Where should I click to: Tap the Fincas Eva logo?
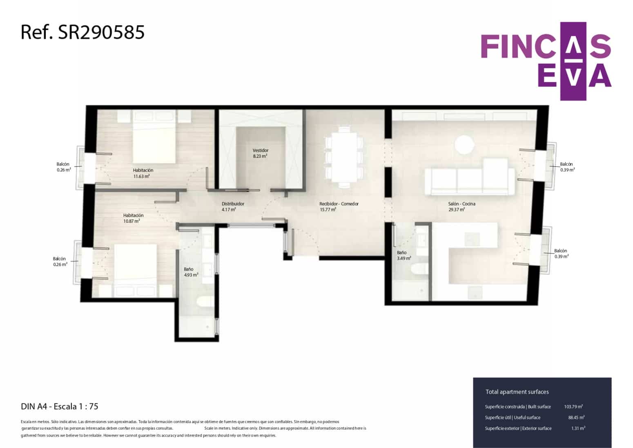(x=546, y=61)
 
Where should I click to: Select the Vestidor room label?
(x=260, y=150)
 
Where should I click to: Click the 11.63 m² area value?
(x=141, y=177)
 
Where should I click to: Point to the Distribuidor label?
(x=233, y=204)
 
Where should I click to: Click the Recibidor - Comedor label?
(x=339, y=204)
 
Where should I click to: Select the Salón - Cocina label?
(x=461, y=204)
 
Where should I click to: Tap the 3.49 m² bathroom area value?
(x=404, y=258)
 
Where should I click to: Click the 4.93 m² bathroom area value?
(x=191, y=275)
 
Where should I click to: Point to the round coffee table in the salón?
(x=465, y=145)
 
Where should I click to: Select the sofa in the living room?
(x=470, y=178)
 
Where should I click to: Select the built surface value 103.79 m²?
(x=573, y=407)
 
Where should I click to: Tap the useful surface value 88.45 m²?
(x=576, y=417)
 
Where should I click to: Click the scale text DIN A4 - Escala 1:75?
(x=60, y=406)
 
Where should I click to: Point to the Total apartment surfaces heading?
(x=517, y=392)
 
